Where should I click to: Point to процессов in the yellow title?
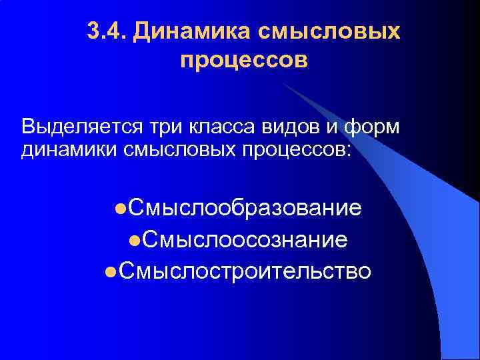tap(244, 61)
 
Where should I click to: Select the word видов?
tap(281, 126)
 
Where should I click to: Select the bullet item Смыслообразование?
tap(245, 208)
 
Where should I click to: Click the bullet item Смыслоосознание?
tap(244, 239)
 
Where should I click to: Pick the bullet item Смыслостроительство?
tap(245, 271)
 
